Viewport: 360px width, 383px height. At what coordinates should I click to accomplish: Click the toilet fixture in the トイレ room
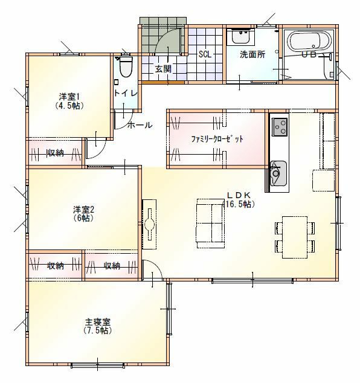[x=126, y=66]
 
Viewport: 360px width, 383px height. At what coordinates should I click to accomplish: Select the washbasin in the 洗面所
[x=240, y=36]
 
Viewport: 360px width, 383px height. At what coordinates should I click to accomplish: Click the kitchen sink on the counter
[x=278, y=173]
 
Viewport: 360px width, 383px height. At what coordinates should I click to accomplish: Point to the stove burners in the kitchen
[x=280, y=127]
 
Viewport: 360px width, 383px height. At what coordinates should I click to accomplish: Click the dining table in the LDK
[x=295, y=237]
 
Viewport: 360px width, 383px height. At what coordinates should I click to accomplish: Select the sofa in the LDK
[x=211, y=224]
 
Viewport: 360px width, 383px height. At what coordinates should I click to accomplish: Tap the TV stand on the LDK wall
[x=149, y=224]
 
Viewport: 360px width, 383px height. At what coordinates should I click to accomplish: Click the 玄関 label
[x=163, y=69]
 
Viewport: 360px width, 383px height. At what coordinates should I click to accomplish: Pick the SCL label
[x=205, y=54]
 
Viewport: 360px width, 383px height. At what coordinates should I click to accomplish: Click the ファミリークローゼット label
[x=217, y=139]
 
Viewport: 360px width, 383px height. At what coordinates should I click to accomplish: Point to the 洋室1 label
[x=69, y=97]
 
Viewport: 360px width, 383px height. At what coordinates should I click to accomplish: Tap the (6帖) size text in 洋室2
[x=83, y=218]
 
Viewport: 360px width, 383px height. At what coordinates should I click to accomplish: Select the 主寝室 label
[x=97, y=322]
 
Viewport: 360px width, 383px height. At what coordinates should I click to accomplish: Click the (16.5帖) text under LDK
[x=239, y=204]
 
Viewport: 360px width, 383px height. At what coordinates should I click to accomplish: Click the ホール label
[x=140, y=125]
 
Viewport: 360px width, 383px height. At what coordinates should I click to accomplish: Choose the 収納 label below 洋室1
[x=56, y=153]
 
